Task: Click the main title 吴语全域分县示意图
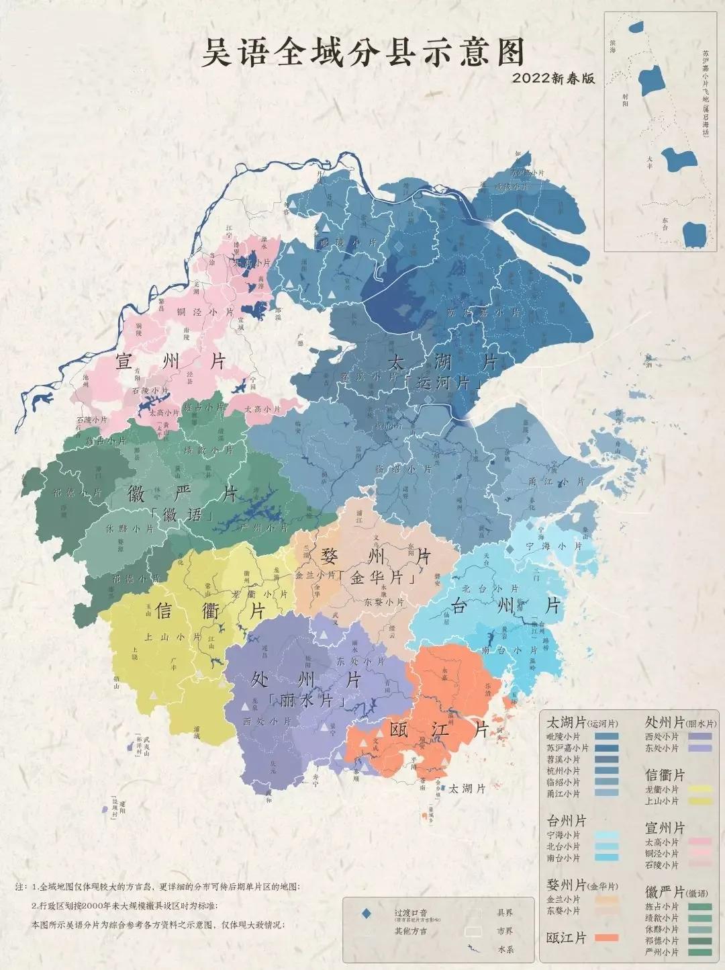click(362, 52)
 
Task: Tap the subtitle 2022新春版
click(554, 79)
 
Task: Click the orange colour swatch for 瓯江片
click(607, 938)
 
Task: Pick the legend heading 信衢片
click(665, 775)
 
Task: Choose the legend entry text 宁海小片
click(563, 835)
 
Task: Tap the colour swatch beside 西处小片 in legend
click(699, 736)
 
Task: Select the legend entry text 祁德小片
click(661, 940)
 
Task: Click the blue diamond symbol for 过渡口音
click(367, 914)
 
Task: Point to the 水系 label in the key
click(505, 949)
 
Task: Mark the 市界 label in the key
click(505, 931)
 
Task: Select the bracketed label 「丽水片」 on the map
click(309, 699)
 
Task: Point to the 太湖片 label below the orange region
click(467, 789)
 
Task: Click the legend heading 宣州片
click(665, 828)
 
